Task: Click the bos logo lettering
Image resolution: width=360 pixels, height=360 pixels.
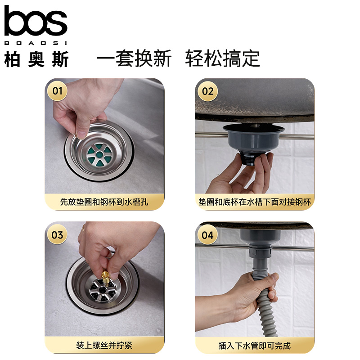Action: click(x=36, y=21)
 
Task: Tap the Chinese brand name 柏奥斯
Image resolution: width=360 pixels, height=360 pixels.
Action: click(x=36, y=59)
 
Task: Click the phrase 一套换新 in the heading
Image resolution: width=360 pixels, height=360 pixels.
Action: click(x=134, y=58)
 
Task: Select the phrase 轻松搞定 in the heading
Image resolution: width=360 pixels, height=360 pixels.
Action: click(x=222, y=58)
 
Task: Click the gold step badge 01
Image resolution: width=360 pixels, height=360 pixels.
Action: click(x=57, y=91)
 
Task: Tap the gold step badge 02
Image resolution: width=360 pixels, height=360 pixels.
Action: click(x=207, y=91)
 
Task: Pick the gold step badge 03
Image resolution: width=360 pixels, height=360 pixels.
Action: click(x=57, y=234)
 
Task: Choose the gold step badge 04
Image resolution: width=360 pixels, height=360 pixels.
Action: click(x=207, y=235)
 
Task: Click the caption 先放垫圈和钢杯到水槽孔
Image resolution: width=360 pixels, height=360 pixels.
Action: click(x=104, y=202)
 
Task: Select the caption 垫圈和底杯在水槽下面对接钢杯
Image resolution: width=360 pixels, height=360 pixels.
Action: click(x=255, y=202)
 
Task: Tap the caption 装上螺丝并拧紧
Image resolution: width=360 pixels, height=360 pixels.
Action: click(x=104, y=345)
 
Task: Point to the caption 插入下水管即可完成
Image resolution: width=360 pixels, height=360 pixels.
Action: click(x=254, y=346)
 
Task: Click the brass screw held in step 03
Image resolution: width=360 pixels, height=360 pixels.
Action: click(x=105, y=279)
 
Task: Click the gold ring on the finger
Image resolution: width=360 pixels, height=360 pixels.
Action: click(x=83, y=228)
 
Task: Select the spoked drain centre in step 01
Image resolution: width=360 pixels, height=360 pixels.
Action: click(x=99, y=154)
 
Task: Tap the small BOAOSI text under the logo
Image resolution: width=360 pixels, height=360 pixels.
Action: click(x=36, y=43)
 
